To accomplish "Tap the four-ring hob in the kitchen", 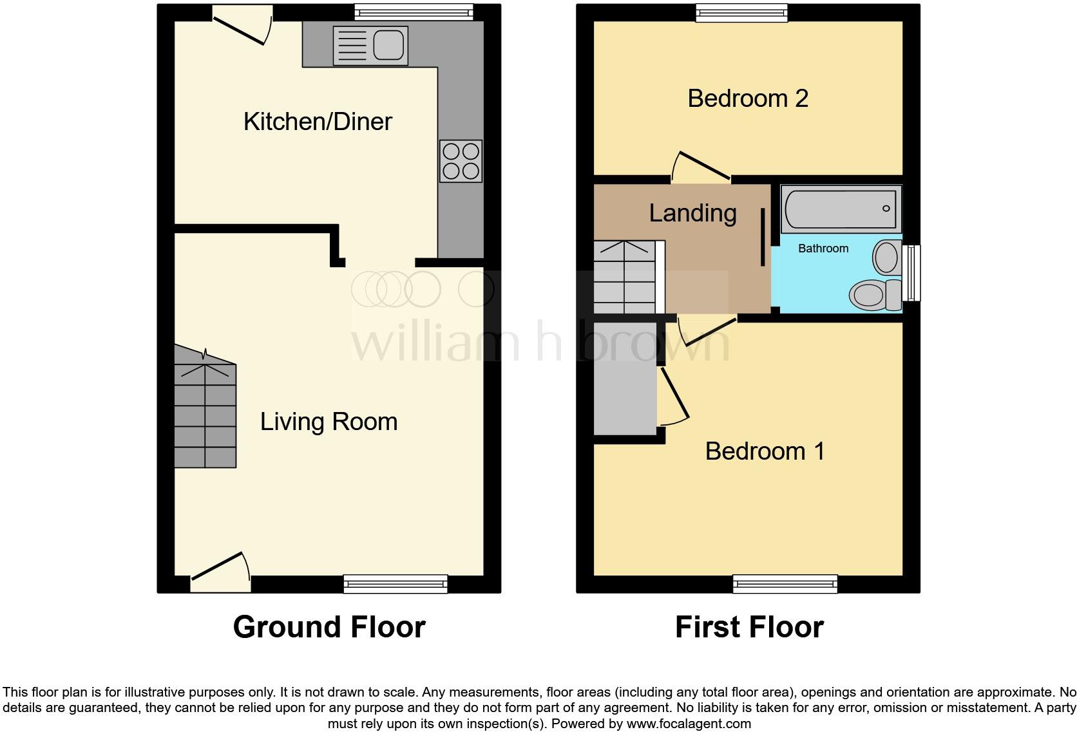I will coord(461,161).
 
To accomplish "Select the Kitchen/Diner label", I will coord(318,122).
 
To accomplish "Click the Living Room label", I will coord(329,422).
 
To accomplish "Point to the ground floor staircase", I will coord(205,412).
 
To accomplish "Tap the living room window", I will coord(396,583).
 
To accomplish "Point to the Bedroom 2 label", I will coord(747,99).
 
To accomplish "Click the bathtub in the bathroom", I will coord(840,209).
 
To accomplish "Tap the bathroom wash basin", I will coord(887,258).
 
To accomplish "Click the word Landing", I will coord(692,213).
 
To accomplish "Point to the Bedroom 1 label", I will coord(765,451).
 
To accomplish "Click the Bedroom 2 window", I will coord(741,12).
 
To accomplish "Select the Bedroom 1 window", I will coord(785,583).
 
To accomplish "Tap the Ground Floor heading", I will coord(329,627).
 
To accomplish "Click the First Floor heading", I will coord(749,627).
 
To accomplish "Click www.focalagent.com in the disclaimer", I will coord(688,724).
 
